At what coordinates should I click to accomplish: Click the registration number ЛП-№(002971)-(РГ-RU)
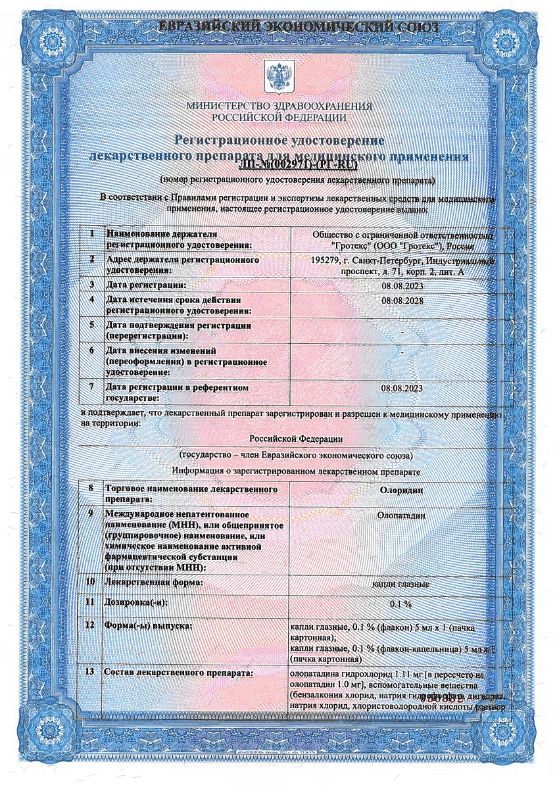[279, 166]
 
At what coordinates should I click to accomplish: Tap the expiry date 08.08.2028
[402, 300]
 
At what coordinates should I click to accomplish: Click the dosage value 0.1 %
[401, 604]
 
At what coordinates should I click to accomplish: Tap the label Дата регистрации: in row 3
[147, 285]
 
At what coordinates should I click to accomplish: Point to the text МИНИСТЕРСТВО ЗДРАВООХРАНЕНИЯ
[279, 107]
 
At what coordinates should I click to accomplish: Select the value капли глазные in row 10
[401, 584]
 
